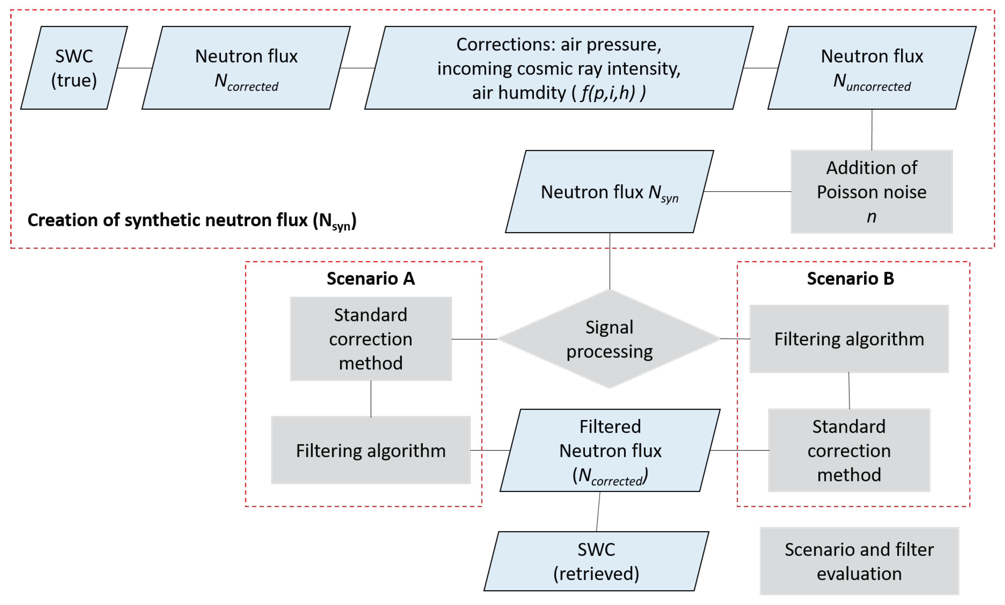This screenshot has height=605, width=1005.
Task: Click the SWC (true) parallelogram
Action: click(x=74, y=68)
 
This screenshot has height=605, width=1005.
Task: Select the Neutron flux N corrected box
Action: click(x=246, y=68)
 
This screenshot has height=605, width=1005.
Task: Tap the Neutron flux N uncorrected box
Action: click(x=871, y=68)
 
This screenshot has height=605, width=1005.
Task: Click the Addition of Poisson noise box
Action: click(x=871, y=191)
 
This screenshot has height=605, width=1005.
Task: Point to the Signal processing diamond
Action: click(x=609, y=339)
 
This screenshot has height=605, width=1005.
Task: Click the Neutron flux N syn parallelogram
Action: click(x=609, y=192)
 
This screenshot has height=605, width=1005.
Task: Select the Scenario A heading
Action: click(x=370, y=278)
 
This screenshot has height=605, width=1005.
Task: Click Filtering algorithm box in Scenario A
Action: click(x=370, y=450)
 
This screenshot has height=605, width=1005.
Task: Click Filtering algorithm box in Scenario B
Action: click(x=849, y=339)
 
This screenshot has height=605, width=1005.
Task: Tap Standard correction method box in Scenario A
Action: click(x=370, y=339)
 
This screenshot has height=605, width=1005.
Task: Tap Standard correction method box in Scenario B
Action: click(x=849, y=450)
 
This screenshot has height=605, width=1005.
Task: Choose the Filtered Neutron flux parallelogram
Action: click(x=610, y=450)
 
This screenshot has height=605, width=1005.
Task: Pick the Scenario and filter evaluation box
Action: click(x=859, y=561)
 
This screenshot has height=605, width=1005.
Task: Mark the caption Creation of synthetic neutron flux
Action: click(x=192, y=221)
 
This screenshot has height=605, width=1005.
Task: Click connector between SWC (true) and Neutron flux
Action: click(x=135, y=68)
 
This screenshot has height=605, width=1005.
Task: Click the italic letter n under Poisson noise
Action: click(x=871, y=216)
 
